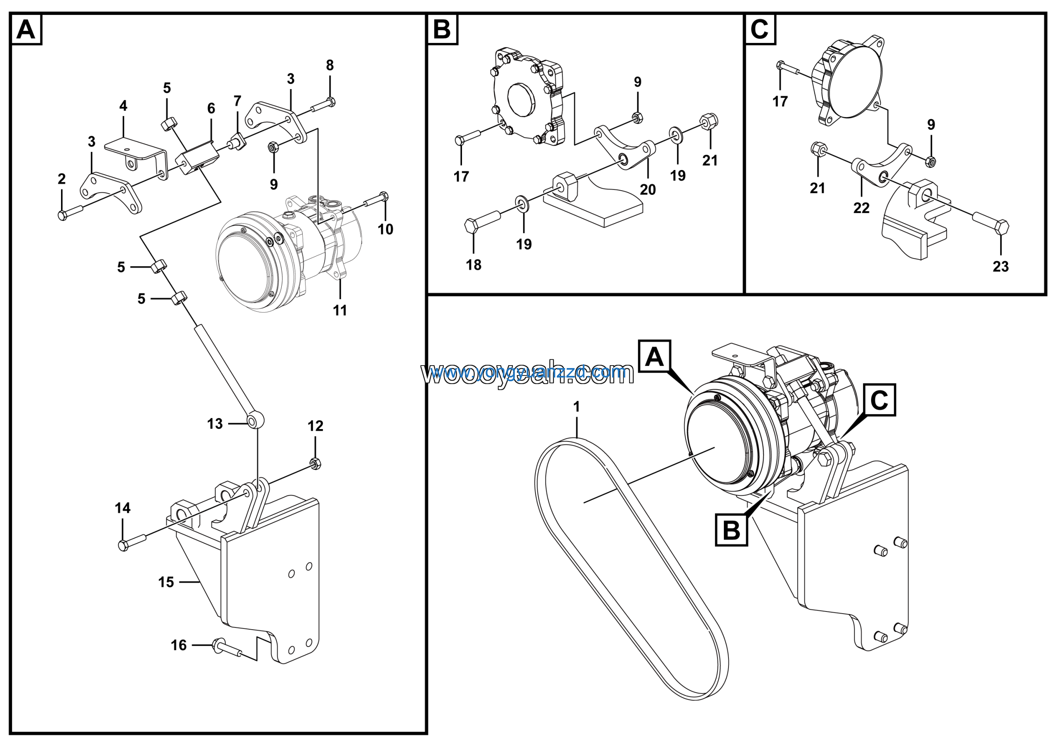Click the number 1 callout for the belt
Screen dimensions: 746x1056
tap(576, 406)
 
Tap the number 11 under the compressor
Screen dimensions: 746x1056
tap(340, 310)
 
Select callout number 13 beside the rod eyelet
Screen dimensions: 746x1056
tap(215, 424)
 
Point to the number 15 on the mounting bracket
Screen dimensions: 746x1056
tap(166, 582)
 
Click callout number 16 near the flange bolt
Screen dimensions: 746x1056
tap(179, 645)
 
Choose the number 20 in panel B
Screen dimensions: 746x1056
tap(648, 189)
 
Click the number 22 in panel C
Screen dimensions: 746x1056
tap(861, 208)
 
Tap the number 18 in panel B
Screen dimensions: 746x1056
tap(473, 265)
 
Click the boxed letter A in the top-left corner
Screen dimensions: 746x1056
tap(26, 30)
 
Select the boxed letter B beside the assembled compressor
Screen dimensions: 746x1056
tap(731, 530)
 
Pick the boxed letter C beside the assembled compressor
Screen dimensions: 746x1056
tap(879, 400)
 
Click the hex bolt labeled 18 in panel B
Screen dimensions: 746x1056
tap(481, 225)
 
